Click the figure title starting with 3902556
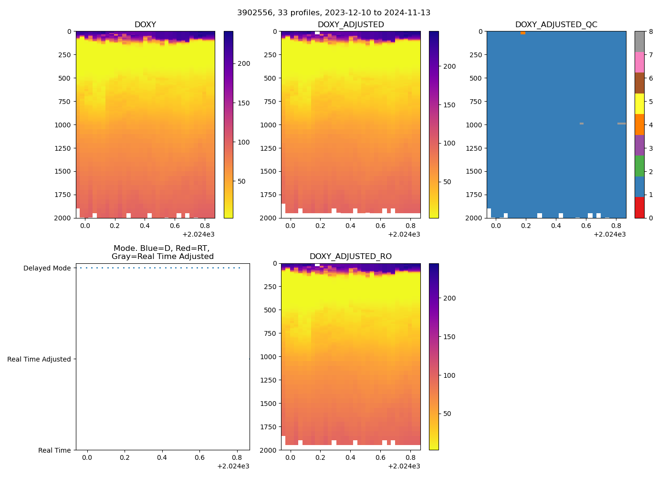tap(334, 13)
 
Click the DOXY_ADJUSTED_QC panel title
tap(556, 25)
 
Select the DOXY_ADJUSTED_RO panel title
tap(350, 257)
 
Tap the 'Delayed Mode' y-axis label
tap(47, 268)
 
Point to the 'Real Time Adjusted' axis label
tap(39, 359)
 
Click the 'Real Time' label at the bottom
tap(54, 450)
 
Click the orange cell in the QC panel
tap(523, 33)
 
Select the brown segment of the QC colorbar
tap(639, 83)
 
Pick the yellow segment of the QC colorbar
tap(639, 104)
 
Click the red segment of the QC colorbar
tap(639, 207)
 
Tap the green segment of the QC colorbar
tap(639, 166)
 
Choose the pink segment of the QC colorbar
tap(639, 62)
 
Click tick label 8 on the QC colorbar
tap(651, 31)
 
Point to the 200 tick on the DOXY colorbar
tap(244, 64)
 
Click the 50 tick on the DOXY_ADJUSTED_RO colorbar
tap(447, 414)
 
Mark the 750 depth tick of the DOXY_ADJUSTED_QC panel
tap(476, 102)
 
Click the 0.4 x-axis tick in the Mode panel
tap(162, 458)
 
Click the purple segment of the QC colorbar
tap(639, 145)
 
